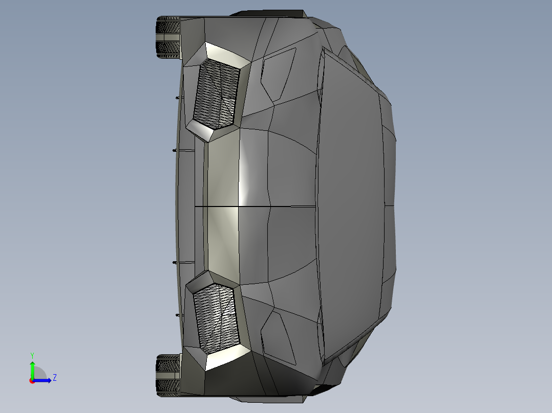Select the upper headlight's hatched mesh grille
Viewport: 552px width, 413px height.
point(217,93)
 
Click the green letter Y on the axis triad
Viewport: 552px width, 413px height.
point(32,355)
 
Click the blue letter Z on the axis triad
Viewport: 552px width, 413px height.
point(54,378)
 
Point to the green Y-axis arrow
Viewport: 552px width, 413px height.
point(32,369)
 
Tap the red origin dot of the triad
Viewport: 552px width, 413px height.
point(32,381)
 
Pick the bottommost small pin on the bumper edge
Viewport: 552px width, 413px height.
point(177,315)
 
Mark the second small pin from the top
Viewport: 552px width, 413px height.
point(175,150)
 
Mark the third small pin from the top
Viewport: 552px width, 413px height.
point(175,262)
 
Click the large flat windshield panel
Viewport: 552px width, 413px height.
point(353,204)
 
